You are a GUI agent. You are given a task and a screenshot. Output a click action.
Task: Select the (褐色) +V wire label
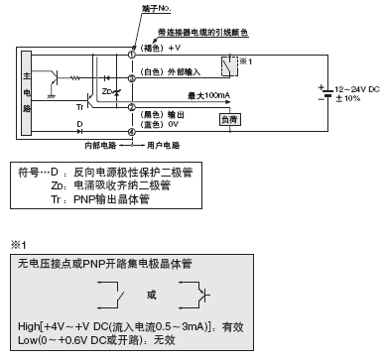pyautogui.click(x=164, y=48)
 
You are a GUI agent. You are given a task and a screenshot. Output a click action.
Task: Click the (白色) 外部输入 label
pyautogui.click(x=177, y=72)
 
